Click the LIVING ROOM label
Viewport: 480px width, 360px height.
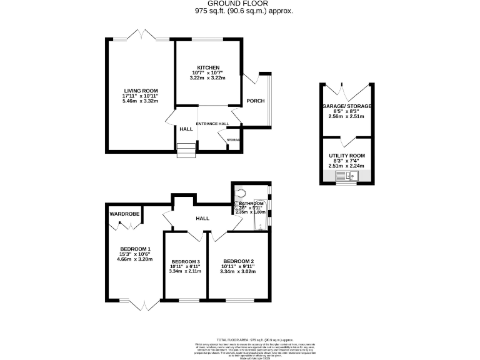(141, 91)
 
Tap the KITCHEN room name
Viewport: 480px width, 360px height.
(209, 67)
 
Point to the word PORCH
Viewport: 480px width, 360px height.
(255, 101)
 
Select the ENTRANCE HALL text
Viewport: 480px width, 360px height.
(212, 124)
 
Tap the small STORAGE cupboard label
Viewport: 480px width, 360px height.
(234, 140)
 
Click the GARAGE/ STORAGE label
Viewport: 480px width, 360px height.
(347, 107)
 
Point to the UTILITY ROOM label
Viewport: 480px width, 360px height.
(347, 156)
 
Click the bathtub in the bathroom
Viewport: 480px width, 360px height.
(259, 221)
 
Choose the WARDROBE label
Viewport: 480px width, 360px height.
(124, 214)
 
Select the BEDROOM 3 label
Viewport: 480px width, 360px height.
(186, 261)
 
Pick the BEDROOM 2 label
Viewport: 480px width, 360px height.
(238, 261)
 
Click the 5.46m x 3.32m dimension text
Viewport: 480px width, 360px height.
(141, 101)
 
